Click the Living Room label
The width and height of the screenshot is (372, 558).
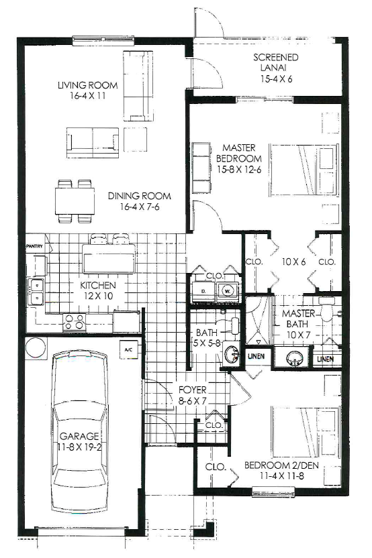(88, 85)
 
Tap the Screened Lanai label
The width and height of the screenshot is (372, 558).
(276, 62)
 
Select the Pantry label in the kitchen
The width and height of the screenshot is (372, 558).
(34, 246)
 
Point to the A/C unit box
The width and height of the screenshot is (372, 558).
(128, 349)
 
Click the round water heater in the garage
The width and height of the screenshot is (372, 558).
(36, 347)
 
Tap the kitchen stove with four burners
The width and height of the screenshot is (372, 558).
(74, 322)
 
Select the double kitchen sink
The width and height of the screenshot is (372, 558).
(36, 292)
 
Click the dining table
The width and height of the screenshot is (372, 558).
(75, 201)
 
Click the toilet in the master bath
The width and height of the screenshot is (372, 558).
(326, 309)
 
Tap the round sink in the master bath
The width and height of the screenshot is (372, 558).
(294, 357)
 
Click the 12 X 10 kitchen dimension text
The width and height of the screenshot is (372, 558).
(97, 296)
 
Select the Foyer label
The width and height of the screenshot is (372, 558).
(193, 390)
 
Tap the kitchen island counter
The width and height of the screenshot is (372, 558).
(109, 258)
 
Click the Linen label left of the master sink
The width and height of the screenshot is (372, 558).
(256, 356)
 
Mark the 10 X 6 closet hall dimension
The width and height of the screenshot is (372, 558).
(293, 262)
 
